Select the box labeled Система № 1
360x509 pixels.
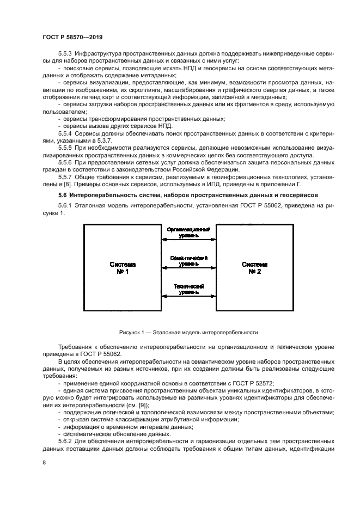click(x=123, y=268)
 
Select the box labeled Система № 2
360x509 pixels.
click(x=254, y=268)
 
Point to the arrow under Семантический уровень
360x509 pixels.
click(x=188, y=267)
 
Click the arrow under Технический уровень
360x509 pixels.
click(x=188, y=296)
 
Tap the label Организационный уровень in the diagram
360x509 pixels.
click(x=188, y=232)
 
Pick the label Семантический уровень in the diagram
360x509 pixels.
click(x=188, y=261)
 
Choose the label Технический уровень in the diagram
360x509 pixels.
click(x=188, y=290)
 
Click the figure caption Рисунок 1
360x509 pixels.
click(x=188, y=332)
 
